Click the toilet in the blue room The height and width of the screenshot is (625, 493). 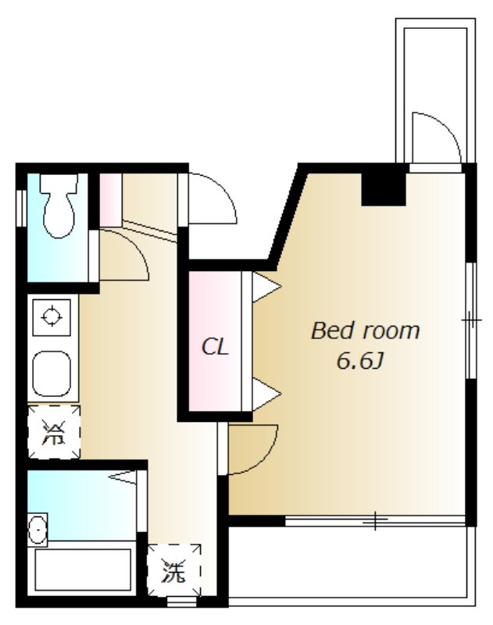point(59,206)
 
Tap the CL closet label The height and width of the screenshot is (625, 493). point(215,346)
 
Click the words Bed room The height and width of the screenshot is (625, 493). point(365,330)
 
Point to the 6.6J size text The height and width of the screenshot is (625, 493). point(360,362)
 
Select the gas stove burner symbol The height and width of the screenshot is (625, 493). point(52,317)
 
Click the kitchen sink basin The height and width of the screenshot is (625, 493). point(52,373)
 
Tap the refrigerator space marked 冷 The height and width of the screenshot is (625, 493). point(54,432)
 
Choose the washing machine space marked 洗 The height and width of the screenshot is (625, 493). point(173,570)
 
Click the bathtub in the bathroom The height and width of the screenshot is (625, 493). point(83,570)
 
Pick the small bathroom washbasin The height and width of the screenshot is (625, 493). point(38,530)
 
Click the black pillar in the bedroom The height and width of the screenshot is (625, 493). point(384,190)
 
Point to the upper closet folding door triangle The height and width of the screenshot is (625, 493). point(267,287)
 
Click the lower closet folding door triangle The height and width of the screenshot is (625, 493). point(267,395)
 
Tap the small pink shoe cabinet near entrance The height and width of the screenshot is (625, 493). point(110,200)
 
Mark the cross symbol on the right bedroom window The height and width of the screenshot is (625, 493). point(472,320)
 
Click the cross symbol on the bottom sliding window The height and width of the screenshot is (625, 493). point(375,520)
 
